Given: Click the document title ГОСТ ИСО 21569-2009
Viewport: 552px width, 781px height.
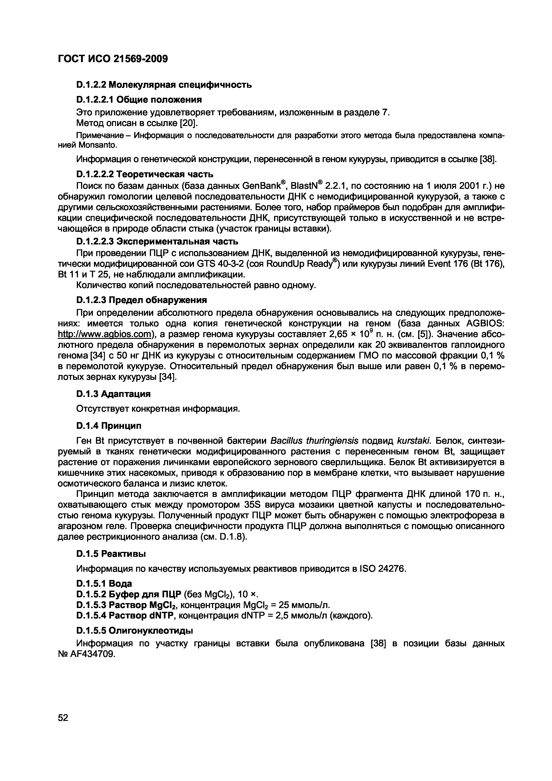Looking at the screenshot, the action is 113,59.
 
